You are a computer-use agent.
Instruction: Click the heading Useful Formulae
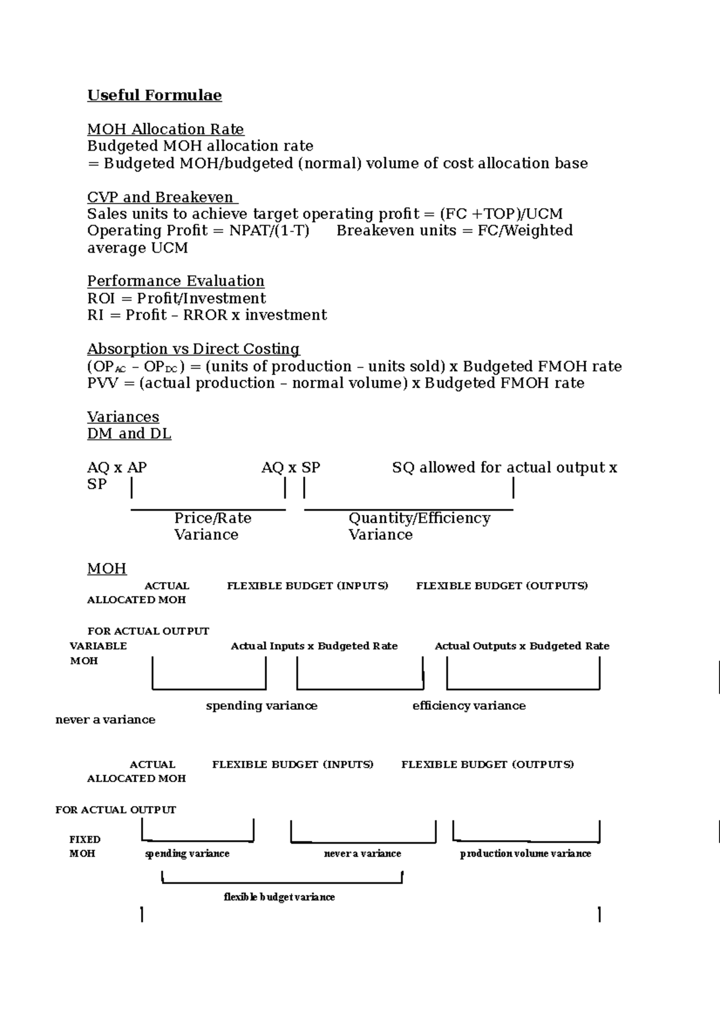click(x=154, y=95)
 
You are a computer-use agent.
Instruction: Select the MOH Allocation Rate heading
click(x=165, y=129)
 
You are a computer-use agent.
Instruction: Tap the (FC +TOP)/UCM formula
click(x=501, y=214)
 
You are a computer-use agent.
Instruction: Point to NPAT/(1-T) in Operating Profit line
click(x=269, y=231)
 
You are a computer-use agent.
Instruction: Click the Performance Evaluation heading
click(x=175, y=281)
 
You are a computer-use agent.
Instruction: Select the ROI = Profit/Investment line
click(x=176, y=298)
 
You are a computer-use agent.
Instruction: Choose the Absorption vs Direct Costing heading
click(x=193, y=349)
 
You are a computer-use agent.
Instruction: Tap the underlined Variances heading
click(x=123, y=417)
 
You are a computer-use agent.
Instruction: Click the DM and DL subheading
click(x=129, y=434)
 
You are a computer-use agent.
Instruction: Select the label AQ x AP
click(x=117, y=467)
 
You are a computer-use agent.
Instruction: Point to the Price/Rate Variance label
click(x=212, y=526)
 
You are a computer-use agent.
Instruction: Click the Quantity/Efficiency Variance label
click(x=419, y=526)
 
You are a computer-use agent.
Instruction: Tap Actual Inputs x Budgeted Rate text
click(x=314, y=646)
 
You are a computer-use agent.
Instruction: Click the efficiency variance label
click(x=469, y=706)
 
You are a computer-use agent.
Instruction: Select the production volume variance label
click(x=525, y=853)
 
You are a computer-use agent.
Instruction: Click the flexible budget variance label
click(x=279, y=897)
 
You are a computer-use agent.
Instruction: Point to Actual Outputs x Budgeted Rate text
click(x=521, y=646)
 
